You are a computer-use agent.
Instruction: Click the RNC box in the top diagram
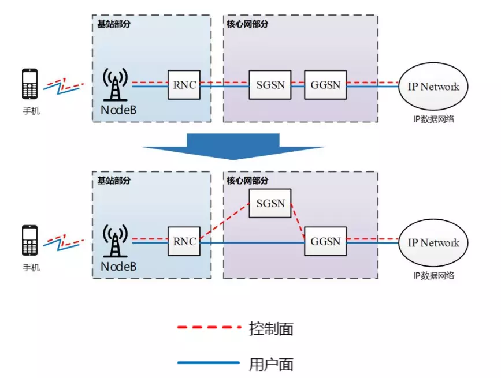[x=184, y=85]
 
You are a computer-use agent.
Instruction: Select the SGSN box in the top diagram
[x=270, y=85]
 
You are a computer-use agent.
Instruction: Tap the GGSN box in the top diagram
[x=325, y=85]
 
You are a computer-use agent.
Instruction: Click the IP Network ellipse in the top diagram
[x=433, y=87]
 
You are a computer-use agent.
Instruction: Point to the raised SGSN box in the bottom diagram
[x=270, y=203]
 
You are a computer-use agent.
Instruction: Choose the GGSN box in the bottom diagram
[x=325, y=242]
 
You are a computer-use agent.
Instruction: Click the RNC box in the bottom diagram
[x=184, y=242]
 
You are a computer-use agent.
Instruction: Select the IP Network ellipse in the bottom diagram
[x=433, y=243]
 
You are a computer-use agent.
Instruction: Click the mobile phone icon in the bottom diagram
[x=30, y=240]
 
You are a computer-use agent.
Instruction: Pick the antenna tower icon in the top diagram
[x=116, y=84]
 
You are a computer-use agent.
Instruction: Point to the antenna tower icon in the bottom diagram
[x=116, y=241]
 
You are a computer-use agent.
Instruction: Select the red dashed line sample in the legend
[x=208, y=328]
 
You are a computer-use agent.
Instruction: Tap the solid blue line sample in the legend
[x=208, y=362]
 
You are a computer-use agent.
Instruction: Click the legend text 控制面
[x=271, y=328]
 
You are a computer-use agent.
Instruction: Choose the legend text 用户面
[x=271, y=364]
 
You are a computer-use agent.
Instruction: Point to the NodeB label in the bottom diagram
[x=118, y=267]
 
